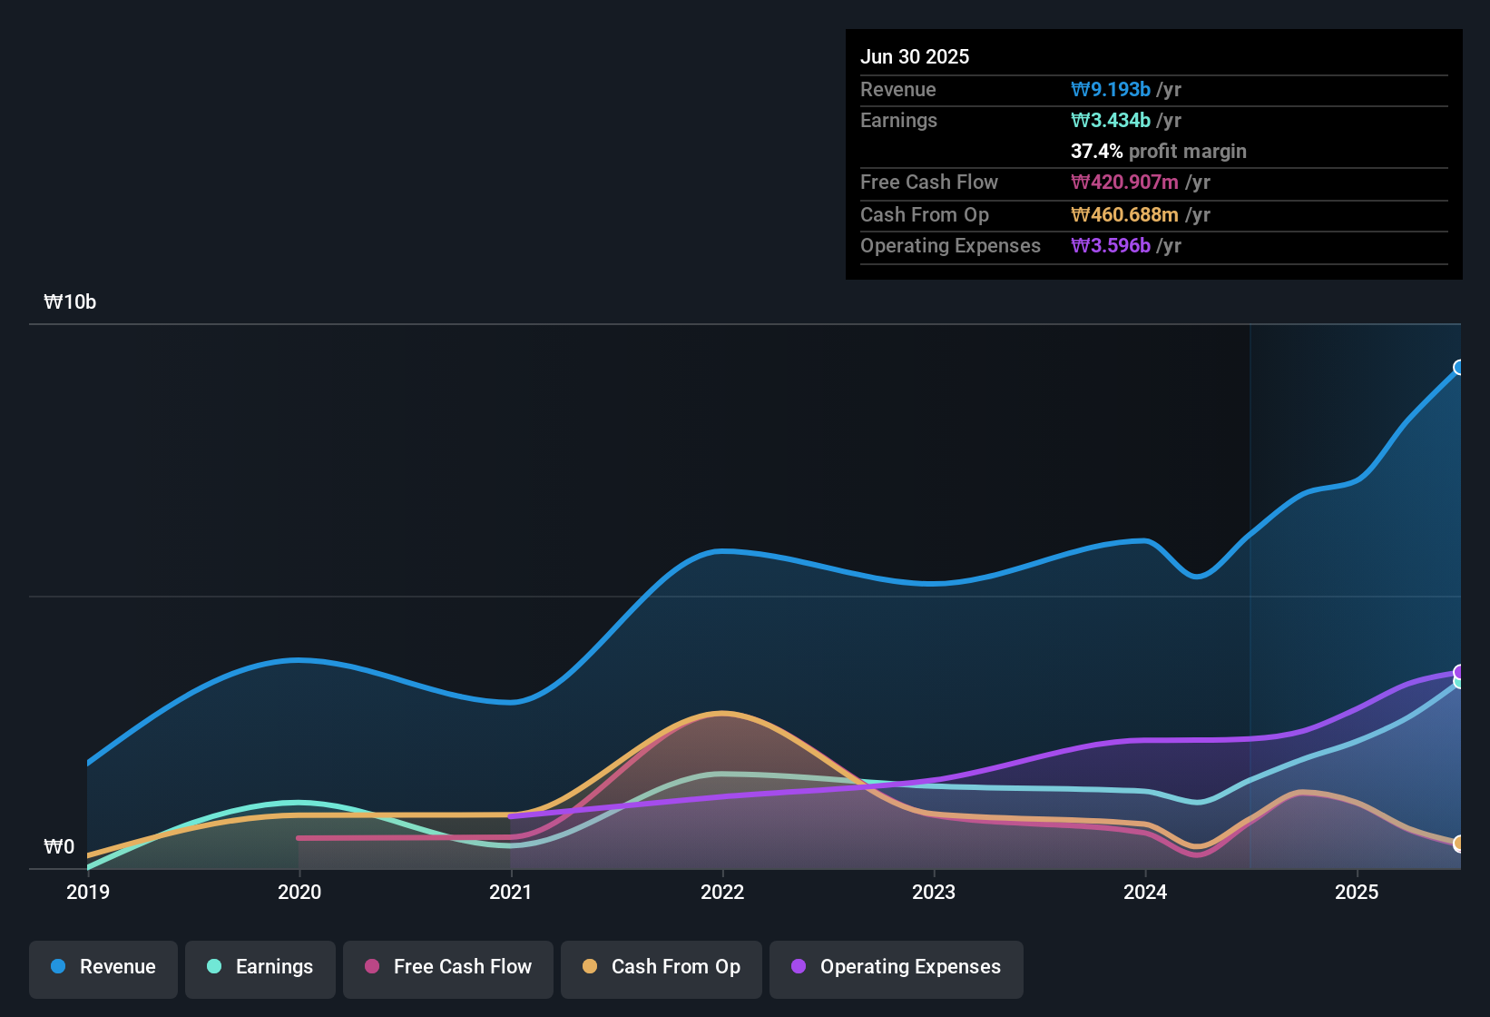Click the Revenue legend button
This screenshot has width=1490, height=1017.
103,967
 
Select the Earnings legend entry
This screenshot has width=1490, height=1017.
260,967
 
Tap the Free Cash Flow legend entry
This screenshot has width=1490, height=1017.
448,967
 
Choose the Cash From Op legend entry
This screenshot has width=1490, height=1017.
662,967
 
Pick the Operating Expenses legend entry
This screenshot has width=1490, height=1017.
897,967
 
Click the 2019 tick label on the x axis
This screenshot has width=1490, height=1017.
88,892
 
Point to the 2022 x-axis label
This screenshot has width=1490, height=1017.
722,892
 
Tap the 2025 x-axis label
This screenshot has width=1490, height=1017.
1357,892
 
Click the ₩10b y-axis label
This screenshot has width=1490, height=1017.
70,302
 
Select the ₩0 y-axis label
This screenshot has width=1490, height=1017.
59,847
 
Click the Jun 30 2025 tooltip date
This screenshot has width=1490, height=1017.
915,56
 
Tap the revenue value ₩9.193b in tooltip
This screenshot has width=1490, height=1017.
1111,89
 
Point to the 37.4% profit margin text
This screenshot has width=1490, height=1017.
1158,151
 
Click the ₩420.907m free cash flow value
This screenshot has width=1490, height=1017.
1124,182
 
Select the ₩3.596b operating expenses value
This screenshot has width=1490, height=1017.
1111,245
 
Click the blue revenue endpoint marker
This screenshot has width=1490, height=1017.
1459,367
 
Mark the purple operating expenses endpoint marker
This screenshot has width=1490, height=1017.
1459,672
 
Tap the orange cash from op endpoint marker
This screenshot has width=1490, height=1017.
1459,844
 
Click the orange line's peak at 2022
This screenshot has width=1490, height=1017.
722,714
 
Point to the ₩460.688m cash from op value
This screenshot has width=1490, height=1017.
1124,214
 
